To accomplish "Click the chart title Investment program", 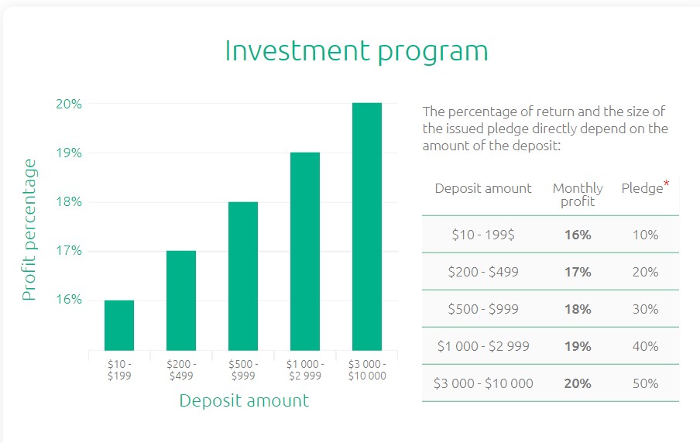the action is pyautogui.click(x=356, y=51).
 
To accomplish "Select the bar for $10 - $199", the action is pyautogui.click(x=119, y=325).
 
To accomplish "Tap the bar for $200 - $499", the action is pyautogui.click(x=180, y=300).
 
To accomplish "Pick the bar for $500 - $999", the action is pyautogui.click(x=243, y=276).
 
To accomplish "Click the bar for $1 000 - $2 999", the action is pyautogui.click(x=305, y=252).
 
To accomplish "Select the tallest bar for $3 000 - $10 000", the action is pyautogui.click(x=367, y=226).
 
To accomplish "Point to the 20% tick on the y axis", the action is pyautogui.click(x=69, y=104).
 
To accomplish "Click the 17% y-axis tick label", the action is pyautogui.click(x=69, y=250).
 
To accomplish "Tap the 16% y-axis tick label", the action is pyautogui.click(x=69, y=299).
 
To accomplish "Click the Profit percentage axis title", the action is pyautogui.click(x=29, y=229).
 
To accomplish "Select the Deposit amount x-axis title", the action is pyautogui.click(x=244, y=400).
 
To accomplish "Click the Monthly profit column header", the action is pyautogui.click(x=578, y=194).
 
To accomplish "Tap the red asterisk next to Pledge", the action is pyautogui.click(x=667, y=183).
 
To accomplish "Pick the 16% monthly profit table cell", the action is pyautogui.click(x=578, y=235).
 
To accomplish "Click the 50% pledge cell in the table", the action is pyautogui.click(x=646, y=383).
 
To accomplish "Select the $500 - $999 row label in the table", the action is pyautogui.click(x=483, y=309).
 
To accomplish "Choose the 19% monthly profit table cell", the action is pyautogui.click(x=578, y=346).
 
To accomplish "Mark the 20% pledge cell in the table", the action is pyautogui.click(x=646, y=272).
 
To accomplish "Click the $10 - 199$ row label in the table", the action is pyautogui.click(x=483, y=235).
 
